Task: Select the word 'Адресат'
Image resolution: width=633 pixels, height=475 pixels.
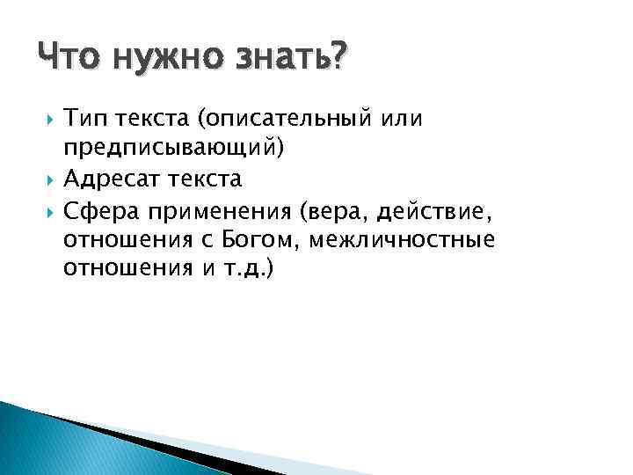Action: [108, 179]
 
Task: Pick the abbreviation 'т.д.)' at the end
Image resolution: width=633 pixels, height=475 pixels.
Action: [254, 268]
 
